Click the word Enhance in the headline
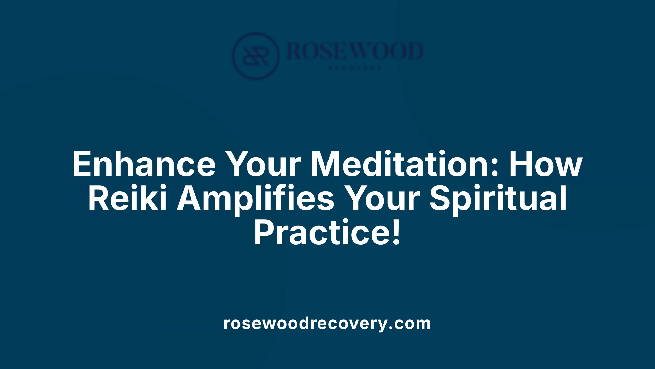pos(144,164)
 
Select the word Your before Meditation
pos(263,164)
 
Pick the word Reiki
pos(127,199)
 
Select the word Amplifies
pos(256,199)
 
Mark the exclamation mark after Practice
pos(396,233)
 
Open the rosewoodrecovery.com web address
pos(327,323)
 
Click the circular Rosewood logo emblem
pos(256,56)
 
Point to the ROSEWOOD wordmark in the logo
pos(355,51)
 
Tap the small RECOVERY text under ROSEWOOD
pos(355,68)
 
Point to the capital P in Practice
pos(263,233)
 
